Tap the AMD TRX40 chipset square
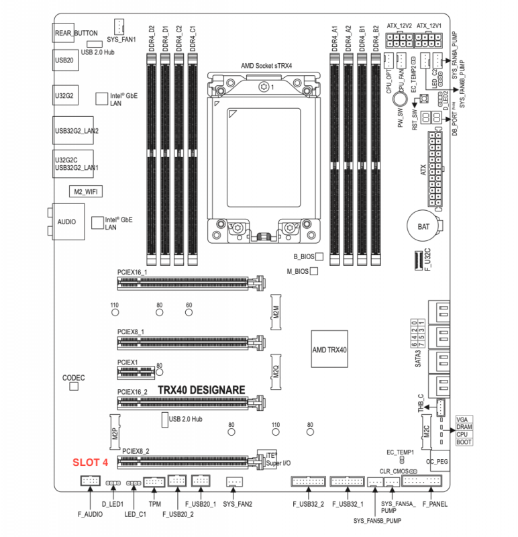(329, 350)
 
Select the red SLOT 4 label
(90, 462)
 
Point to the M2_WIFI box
(85, 192)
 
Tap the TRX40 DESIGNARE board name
(201, 389)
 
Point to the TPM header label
(155, 503)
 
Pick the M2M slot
(275, 311)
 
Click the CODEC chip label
(73, 379)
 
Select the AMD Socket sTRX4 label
(267, 66)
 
